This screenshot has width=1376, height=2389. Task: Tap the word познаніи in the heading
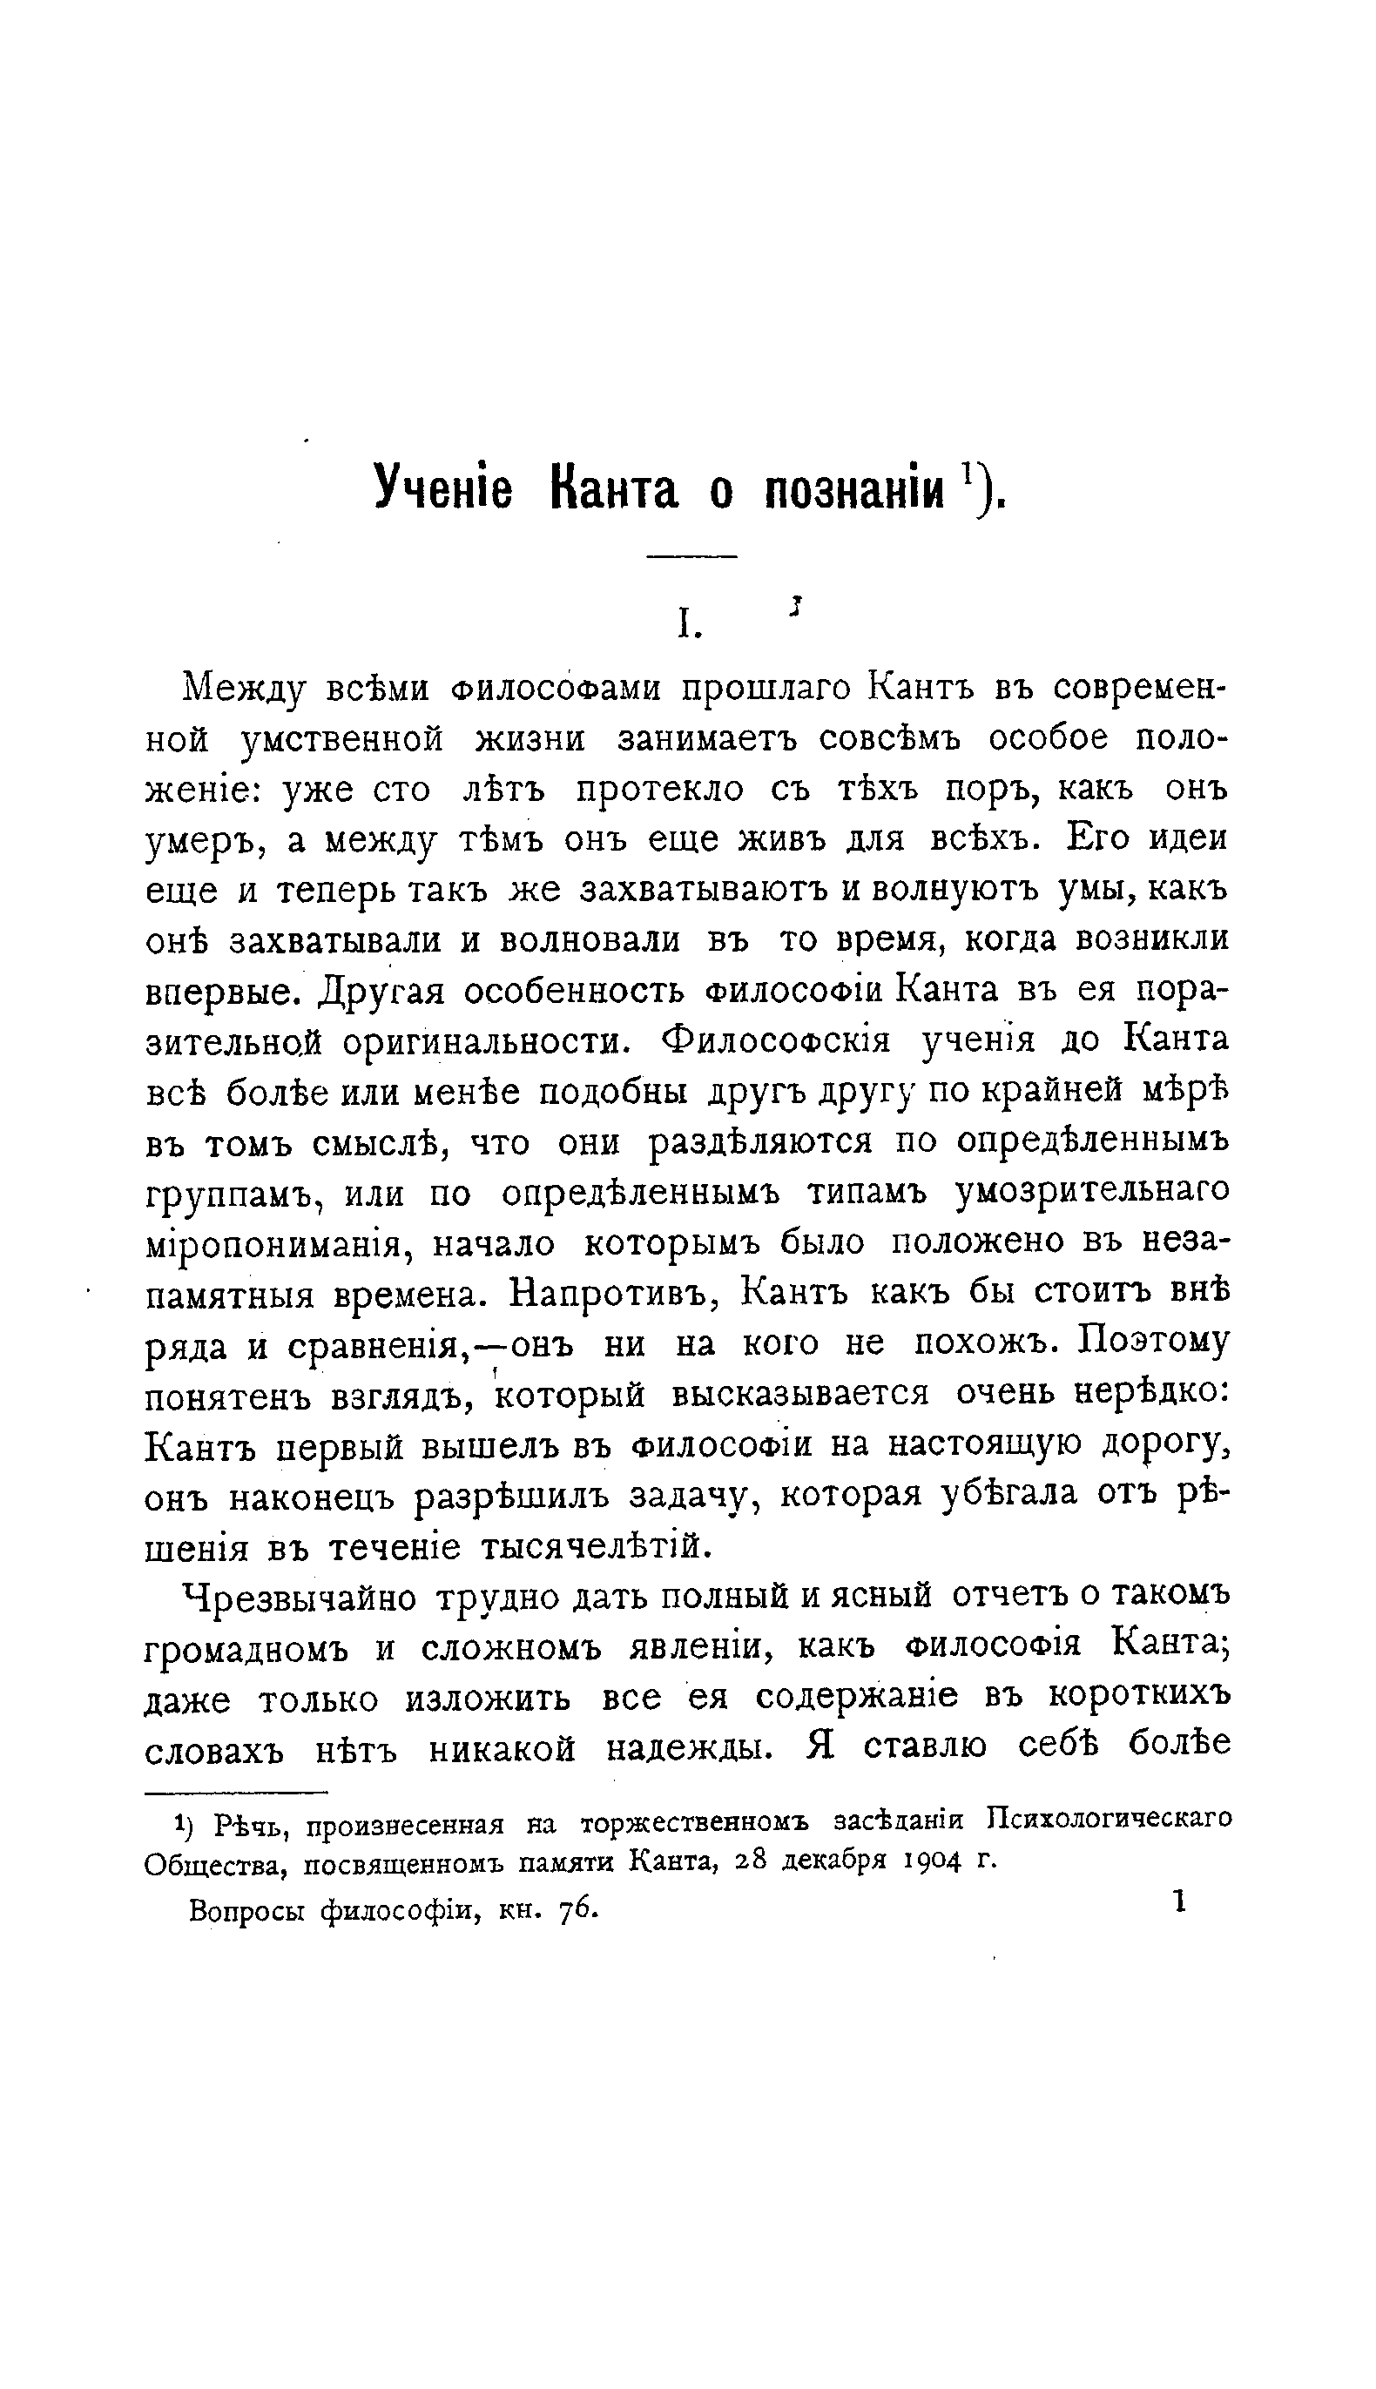tap(855, 489)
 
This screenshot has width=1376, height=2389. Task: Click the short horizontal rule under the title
tap(691, 557)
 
